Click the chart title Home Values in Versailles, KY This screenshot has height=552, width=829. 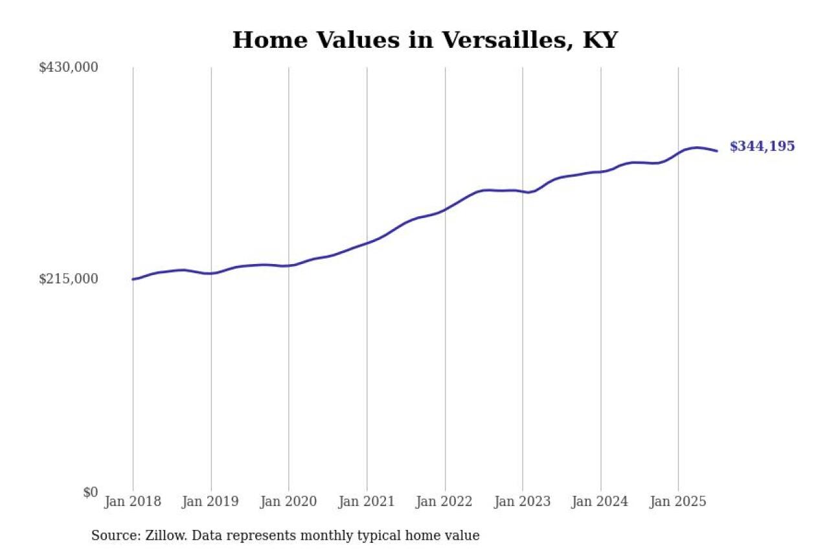pyautogui.click(x=425, y=40)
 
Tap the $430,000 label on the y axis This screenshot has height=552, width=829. pyautogui.click(x=68, y=67)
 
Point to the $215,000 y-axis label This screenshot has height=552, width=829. pyautogui.click(x=68, y=279)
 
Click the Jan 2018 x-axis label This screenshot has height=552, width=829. pyautogui.click(x=133, y=502)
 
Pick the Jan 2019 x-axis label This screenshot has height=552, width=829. pyautogui.click(x=210, y=502)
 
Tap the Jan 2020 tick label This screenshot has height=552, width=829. pyautogui.click(x=288, y=502)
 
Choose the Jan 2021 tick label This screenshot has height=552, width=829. pyautogui.click(x=367, y=502)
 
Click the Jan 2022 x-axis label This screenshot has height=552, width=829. pyautogui.click(x=445, y=502)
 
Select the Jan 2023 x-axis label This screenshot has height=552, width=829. pyautogui.click(x=523, y=502)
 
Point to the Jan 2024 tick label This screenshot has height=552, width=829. pyautogui.click(x=600, y=502)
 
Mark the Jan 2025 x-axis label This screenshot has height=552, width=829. pyautogui.click(x=678, y=502)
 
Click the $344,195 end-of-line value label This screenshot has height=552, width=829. pyautogui.click(x=762, y=147)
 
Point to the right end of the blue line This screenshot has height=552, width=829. pyautogui.click(x=717, y=151)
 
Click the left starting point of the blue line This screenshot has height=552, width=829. pyautogui.click(x=133, y=280)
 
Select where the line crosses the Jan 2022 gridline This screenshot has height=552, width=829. pyautogui.click(x=445, y=210)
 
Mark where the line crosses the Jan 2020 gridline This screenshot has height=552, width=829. pyautogui.click(x=289, y=265)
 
